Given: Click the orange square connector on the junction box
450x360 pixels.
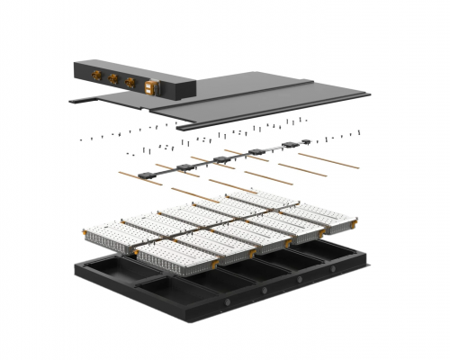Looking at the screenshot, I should pos(150,86).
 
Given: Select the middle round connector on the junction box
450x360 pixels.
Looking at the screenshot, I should pos(114,80).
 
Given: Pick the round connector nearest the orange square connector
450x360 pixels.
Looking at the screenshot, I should pos(131,83).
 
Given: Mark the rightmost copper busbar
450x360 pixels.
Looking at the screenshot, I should pos(328,160).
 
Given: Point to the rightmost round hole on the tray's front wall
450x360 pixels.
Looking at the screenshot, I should pos(332,269).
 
